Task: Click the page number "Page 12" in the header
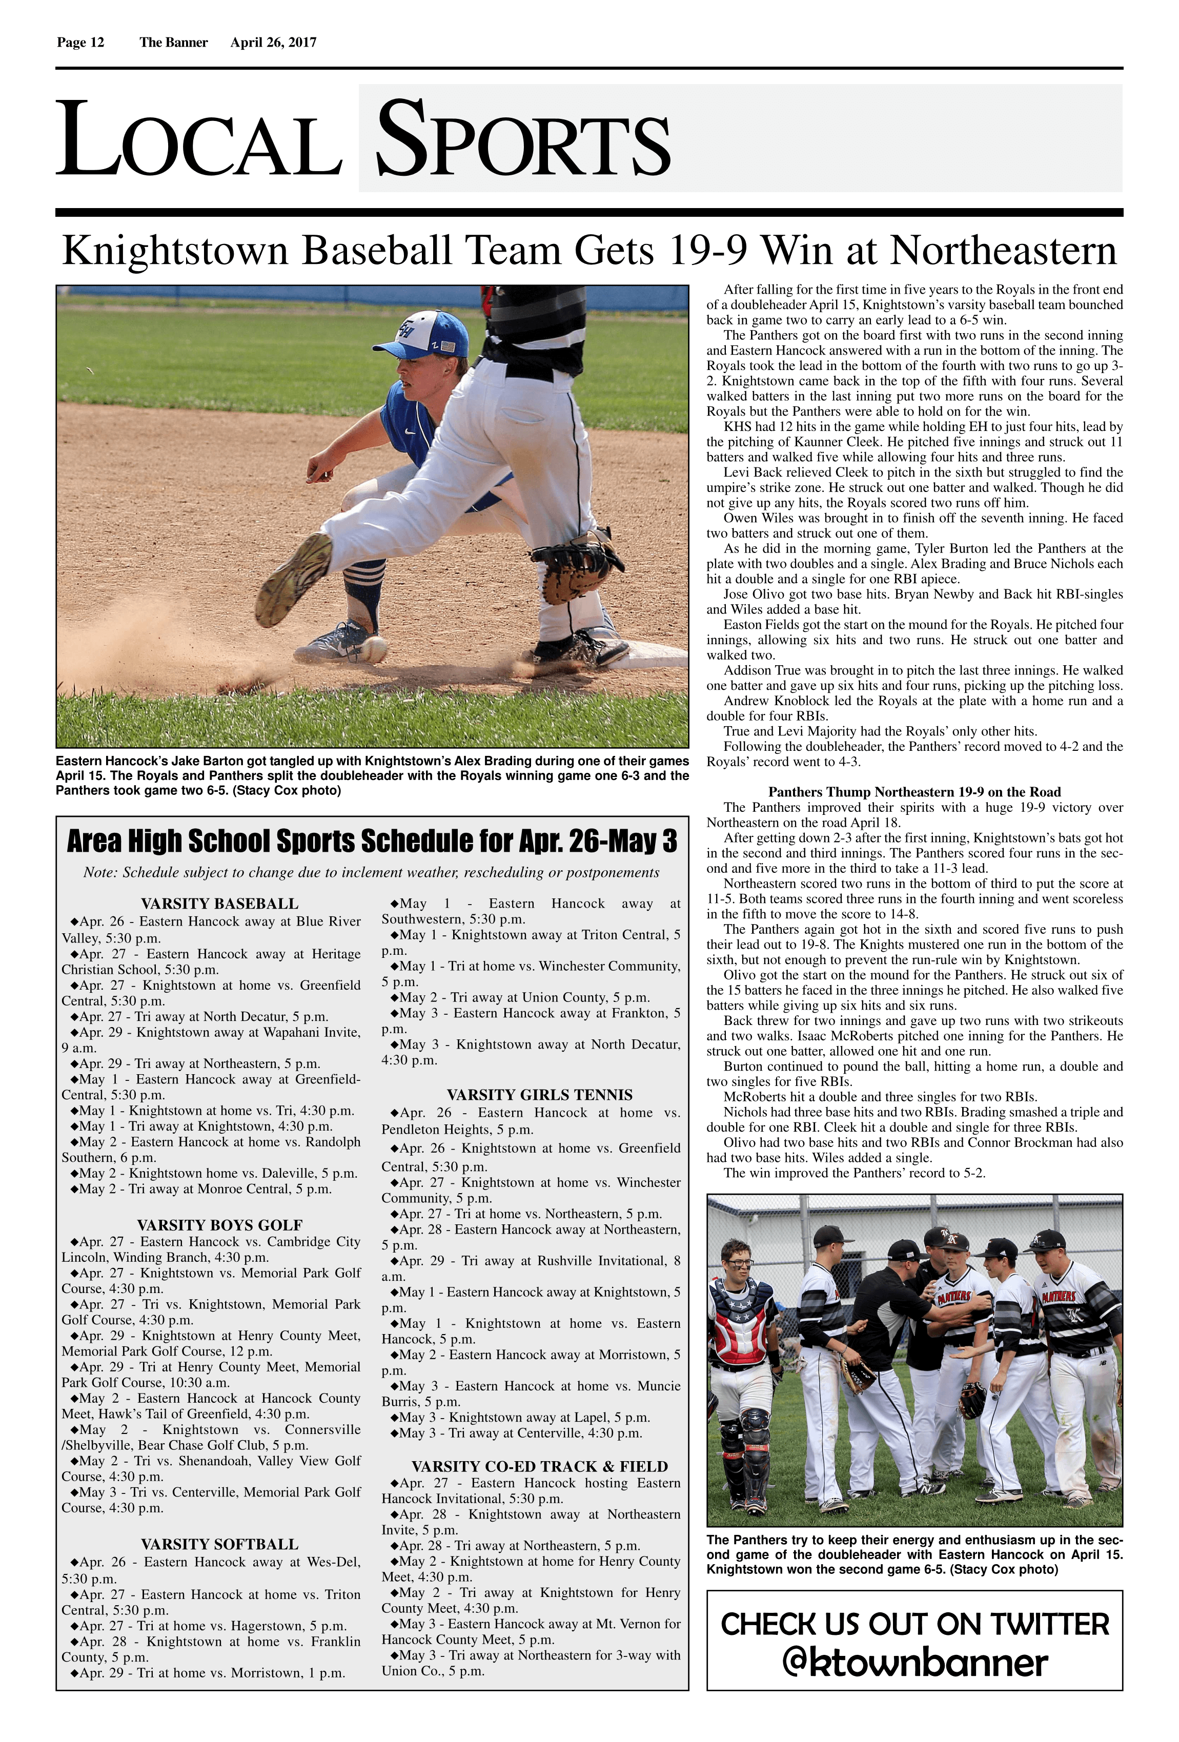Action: tap(80, 43)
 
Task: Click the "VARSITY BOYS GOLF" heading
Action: tap(219, 1225)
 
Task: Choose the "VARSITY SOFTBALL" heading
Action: tap(219, 1545)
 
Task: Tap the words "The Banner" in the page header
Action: tap(173, 43)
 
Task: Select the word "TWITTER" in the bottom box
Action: tap(1049, 1624)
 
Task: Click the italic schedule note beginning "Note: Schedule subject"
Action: tap(371, 872)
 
